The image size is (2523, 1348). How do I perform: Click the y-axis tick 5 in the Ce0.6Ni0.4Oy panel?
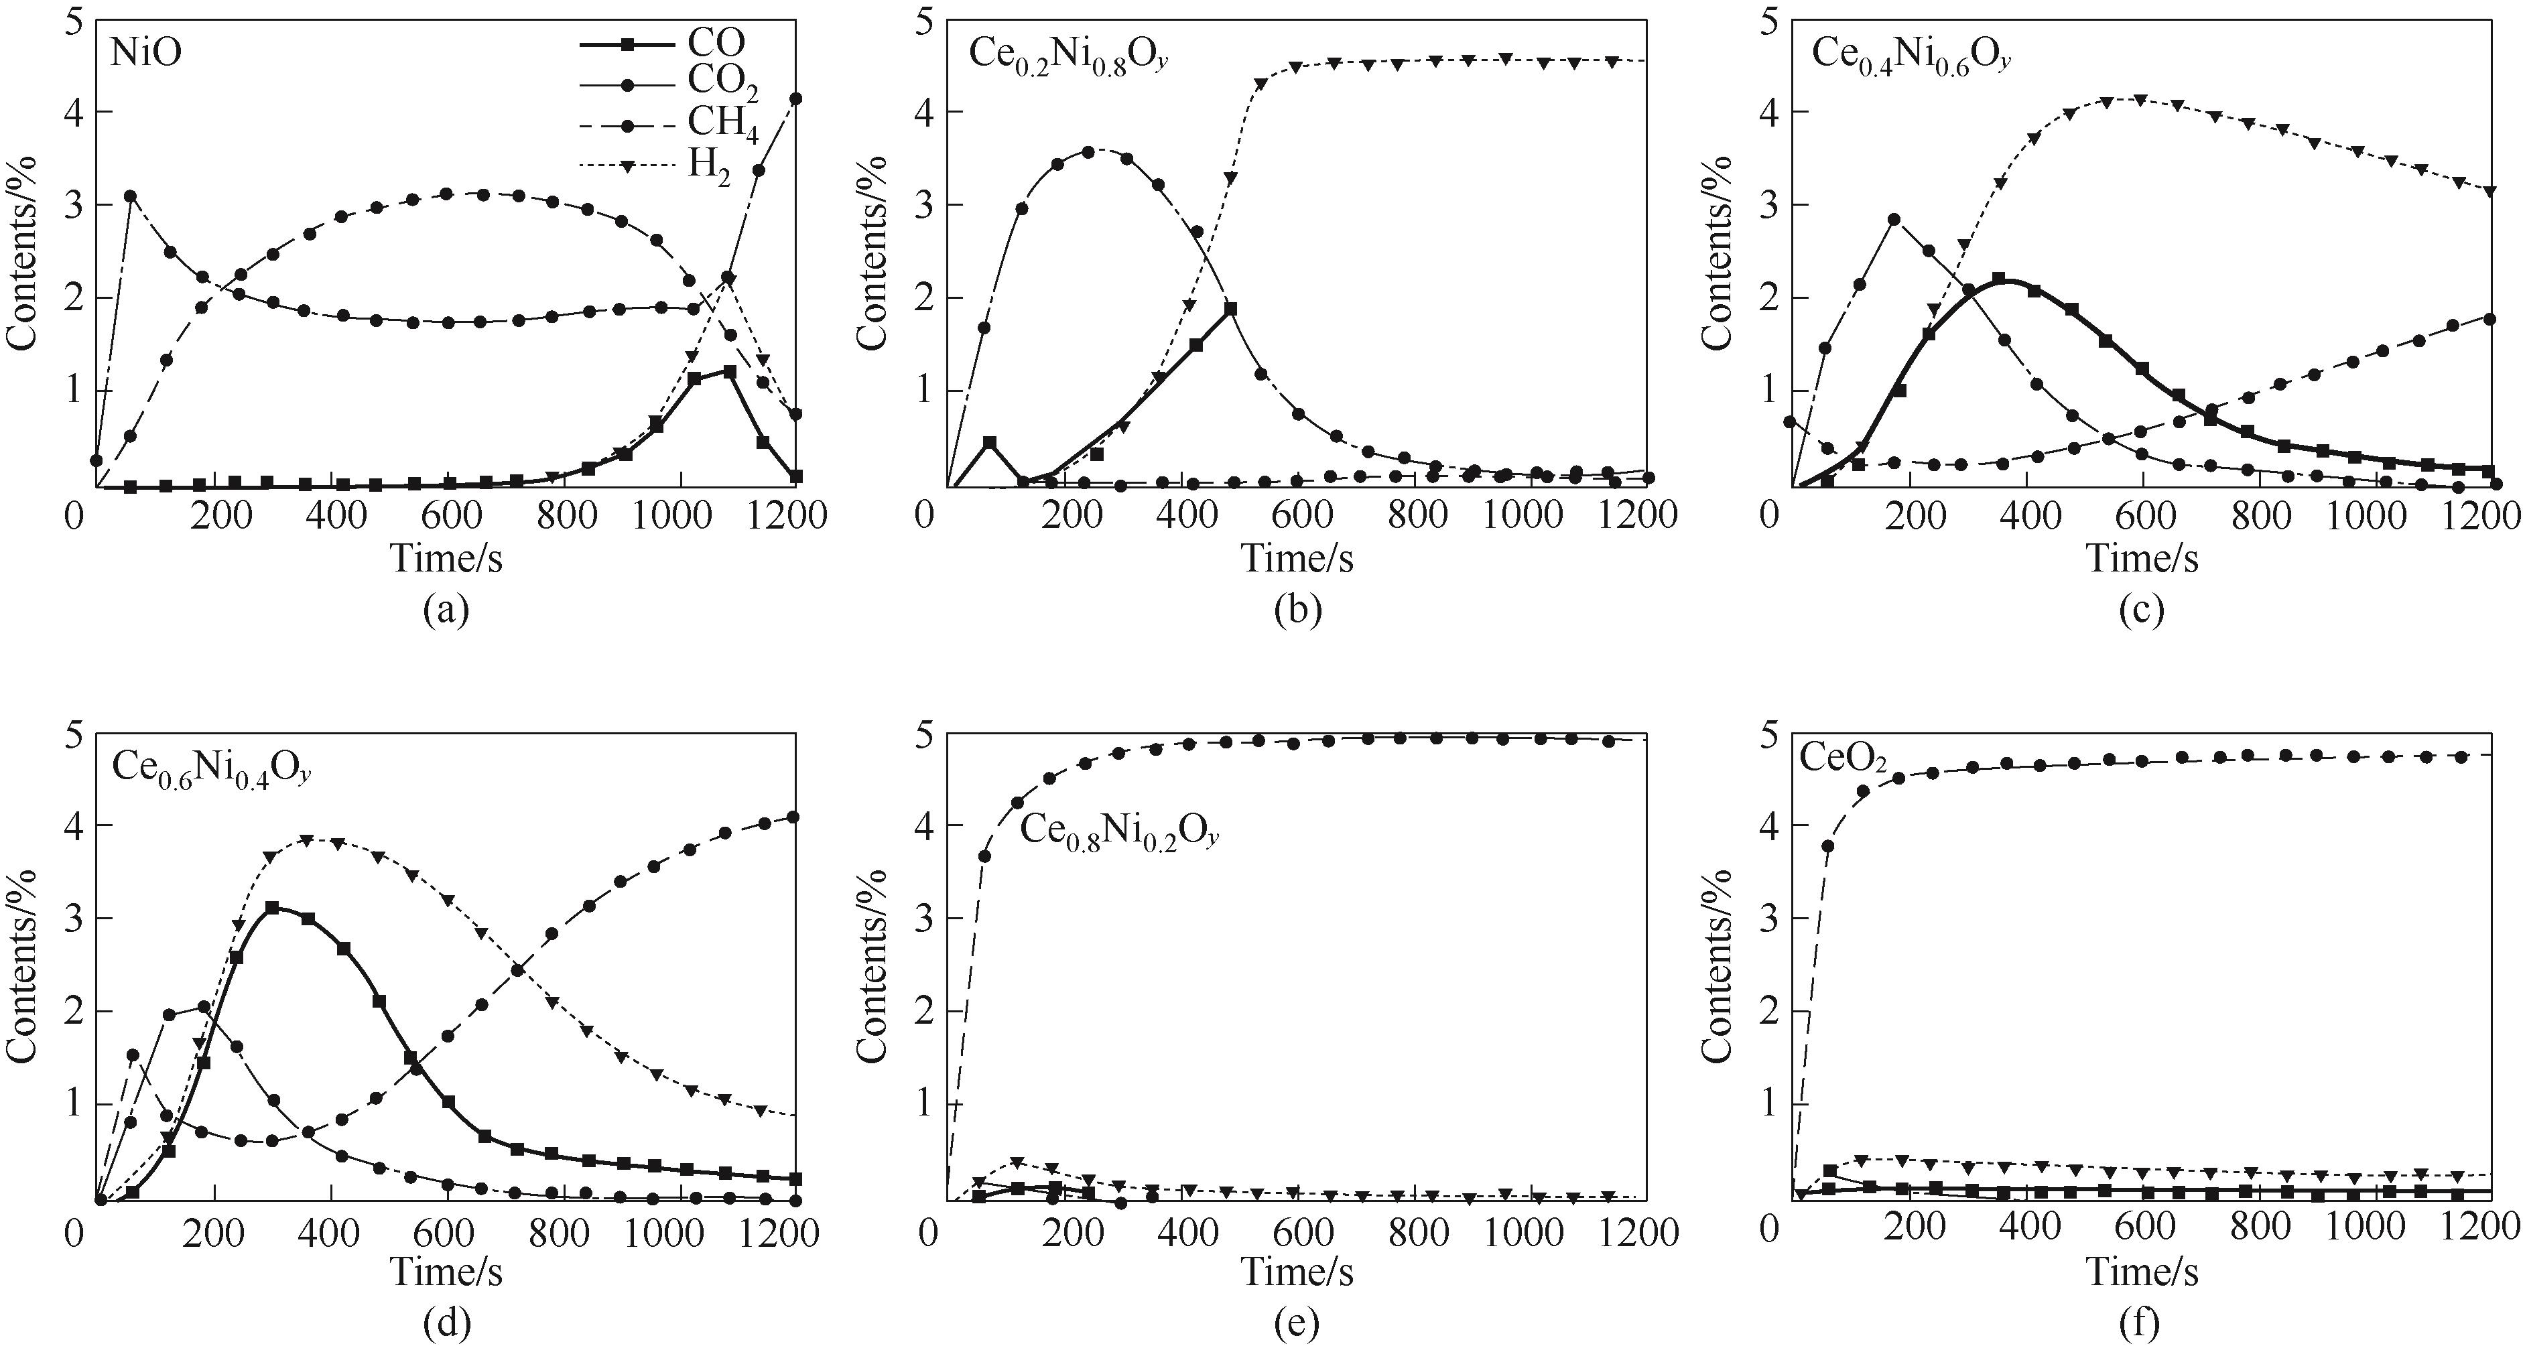pyautogui.click(x=74, y=734)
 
